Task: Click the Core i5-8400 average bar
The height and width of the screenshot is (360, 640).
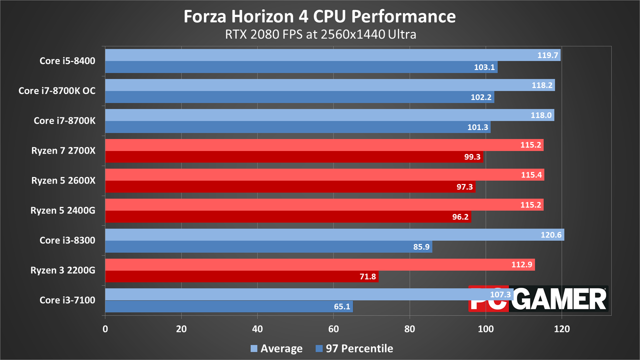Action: click(x=333, y=55)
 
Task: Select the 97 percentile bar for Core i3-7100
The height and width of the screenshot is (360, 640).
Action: click(x=229, y=306)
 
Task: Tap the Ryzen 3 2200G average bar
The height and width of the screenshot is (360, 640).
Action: click(x=320, y=264)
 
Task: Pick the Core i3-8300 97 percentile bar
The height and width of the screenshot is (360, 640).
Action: click(x=269, y=246)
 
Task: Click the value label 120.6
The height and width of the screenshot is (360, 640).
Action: click(x=551, y=235)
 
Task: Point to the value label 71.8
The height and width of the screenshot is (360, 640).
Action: click(x=367, y=276)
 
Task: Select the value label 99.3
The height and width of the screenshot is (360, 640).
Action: click(x=472, y=157)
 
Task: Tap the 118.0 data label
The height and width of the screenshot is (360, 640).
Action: click(x=541, y=115)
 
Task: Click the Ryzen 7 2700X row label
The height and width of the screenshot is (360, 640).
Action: click(x=63, y=150)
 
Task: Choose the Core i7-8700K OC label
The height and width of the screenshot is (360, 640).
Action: click(x=57, y=90)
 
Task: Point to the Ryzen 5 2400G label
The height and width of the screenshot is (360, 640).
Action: click(x=63, y=210)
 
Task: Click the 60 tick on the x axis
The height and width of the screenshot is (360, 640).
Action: click(x=333, y=329)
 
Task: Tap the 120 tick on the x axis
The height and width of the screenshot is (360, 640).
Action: click(x=561, y=329)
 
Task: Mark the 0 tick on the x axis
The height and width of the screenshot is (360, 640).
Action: click(x=105, y=329)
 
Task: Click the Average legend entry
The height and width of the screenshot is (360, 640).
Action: click(x=276, y=348)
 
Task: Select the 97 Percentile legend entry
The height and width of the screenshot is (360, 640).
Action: click(x=354, y=348)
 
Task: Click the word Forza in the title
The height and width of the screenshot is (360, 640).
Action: click(x=205, y=16)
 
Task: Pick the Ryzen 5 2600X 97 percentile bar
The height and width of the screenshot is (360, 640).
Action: click(x=290, y=187)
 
